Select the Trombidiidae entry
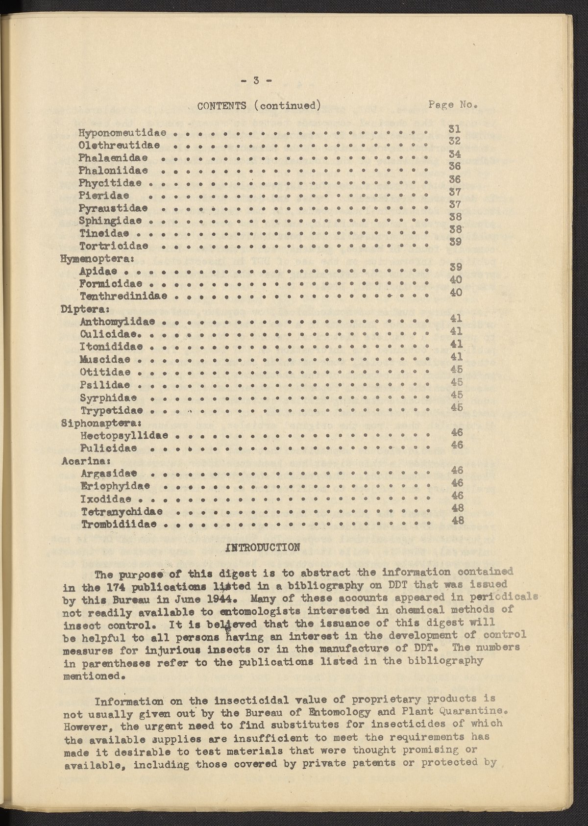click(119, 525)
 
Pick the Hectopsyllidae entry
click(124, 435)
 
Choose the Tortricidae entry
click(114, 245)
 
